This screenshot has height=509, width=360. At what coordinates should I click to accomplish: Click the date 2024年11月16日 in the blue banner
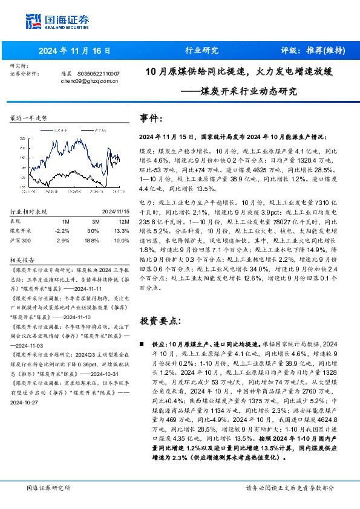74,50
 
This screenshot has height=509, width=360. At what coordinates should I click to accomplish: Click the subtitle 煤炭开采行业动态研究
248,92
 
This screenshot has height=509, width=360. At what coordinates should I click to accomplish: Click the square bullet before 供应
142,343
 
